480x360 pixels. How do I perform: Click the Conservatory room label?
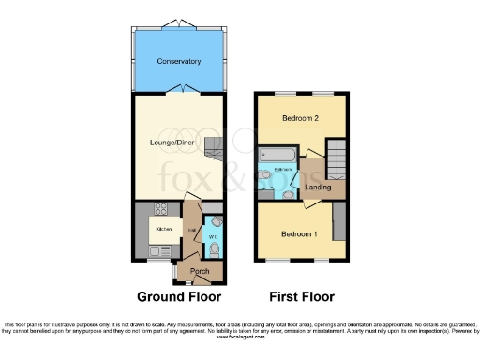pos(179,62)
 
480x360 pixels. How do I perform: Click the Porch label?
pos(200,272)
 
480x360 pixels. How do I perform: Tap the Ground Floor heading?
pos(179,297)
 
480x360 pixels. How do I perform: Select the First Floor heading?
pos(301,297)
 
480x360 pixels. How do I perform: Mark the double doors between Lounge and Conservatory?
pos(178,92)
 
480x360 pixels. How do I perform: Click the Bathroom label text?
pos(278,169)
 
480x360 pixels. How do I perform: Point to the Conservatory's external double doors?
pos(178,23)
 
